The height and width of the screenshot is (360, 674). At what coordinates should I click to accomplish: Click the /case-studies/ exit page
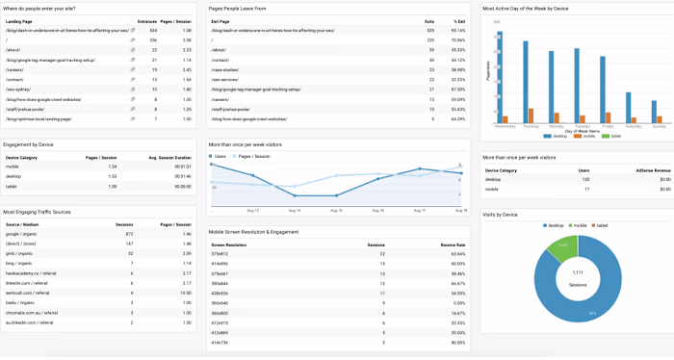pyautogui.click(x=228, y=69)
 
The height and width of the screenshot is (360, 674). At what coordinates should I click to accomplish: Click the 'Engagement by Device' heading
pyautogui.click(x=29, y=143)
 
